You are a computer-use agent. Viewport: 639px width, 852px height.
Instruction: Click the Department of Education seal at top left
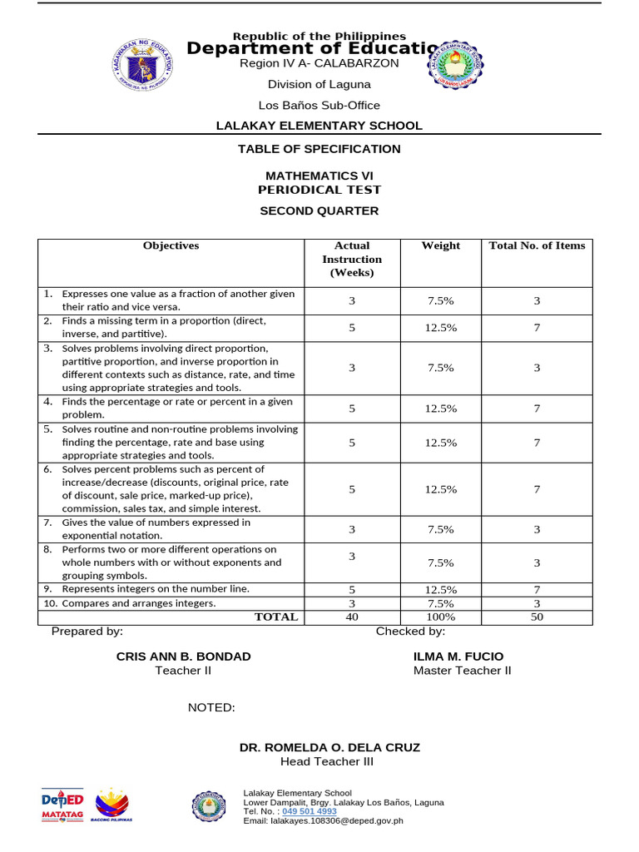[x=142, y=62]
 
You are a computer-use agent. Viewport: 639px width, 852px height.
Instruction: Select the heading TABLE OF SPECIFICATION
[x=319, y=149]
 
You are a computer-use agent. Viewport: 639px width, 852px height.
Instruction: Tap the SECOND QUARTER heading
[x=319, y=211]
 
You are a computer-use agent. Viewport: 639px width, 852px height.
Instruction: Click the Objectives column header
[x=171, y=246]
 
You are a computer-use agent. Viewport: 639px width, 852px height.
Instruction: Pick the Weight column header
[x=441, y=246]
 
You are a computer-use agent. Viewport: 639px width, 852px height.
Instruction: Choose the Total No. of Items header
[x=537, y=246]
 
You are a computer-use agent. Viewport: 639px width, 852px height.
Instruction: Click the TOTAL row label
[x=275, y=617]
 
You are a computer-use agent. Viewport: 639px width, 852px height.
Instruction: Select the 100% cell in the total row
[x=440, y=617]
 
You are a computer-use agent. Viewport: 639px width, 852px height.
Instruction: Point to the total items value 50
[x=537, y=617]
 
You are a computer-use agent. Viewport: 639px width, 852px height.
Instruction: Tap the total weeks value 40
[x=351, y=617]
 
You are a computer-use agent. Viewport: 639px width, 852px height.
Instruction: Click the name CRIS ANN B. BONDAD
[x=183, y=656]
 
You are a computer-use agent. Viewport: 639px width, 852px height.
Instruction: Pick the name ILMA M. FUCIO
[x=458, y=656]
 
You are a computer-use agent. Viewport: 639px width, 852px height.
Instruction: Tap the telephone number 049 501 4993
[x=309, y=811]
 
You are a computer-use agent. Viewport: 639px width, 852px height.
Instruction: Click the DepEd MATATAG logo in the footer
[x=62, y=805]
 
